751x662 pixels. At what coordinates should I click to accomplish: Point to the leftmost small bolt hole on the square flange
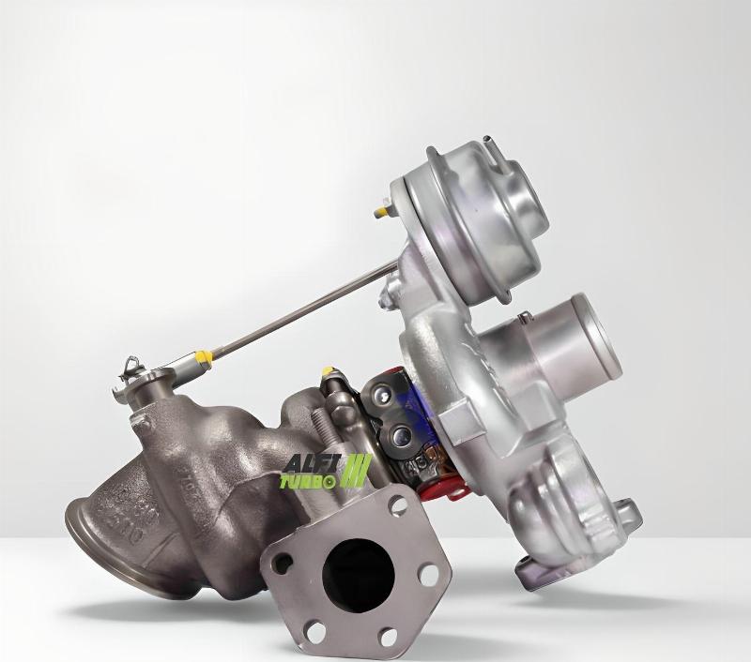point(279,563)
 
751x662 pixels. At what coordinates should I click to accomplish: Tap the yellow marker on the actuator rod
point(202,358)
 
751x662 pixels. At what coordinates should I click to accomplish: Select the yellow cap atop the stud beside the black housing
point(329,372)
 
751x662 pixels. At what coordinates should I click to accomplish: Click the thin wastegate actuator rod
point(300,310)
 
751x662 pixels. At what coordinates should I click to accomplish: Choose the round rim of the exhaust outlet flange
point(89,525)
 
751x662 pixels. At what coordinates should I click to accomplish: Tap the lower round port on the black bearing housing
point(403,434)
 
